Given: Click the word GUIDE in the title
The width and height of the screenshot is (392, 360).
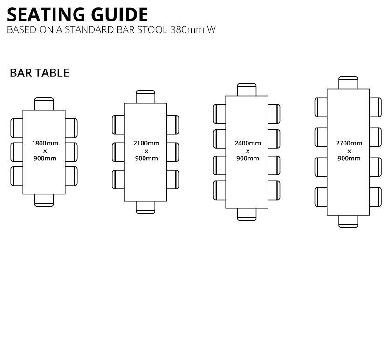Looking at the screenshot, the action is (x=120, y=14).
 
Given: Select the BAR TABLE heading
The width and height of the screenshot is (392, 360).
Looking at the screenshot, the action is (x=40, y=73).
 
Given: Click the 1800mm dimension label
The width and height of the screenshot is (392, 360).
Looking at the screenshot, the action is (x=45, y=143).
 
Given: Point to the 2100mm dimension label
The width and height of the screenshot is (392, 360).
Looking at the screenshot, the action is (x=146, y=143).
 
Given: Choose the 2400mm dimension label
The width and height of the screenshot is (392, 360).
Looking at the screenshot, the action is (x=248, y=143).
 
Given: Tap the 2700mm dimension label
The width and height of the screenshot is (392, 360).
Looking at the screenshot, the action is (x=349, y=143).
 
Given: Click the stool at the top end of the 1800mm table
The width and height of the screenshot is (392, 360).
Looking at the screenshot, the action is (x=44, y=104).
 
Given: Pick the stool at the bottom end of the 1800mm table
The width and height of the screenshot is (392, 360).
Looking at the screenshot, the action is (x=44, y=200).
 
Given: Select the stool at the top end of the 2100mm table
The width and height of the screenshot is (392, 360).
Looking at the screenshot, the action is (x=145, y=97).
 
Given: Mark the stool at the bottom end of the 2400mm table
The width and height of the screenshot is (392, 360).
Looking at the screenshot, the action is (x=247, y=215).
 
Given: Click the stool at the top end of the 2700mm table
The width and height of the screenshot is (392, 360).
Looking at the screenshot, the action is (x=348, y=83).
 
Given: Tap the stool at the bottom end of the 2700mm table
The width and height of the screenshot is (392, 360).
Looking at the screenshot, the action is (x=348, y=222).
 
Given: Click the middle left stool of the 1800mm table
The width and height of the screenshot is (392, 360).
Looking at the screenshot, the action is (x=17, y=152).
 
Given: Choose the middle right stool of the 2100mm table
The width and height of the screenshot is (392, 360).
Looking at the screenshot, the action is (x=173, y=152).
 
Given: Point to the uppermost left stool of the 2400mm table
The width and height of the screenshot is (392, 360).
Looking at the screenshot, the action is (x=220, y=114).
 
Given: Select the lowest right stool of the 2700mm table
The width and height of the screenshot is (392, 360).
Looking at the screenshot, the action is (x=376, y=197).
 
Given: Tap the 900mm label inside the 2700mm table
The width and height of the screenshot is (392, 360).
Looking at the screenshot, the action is (x=349, y=159).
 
